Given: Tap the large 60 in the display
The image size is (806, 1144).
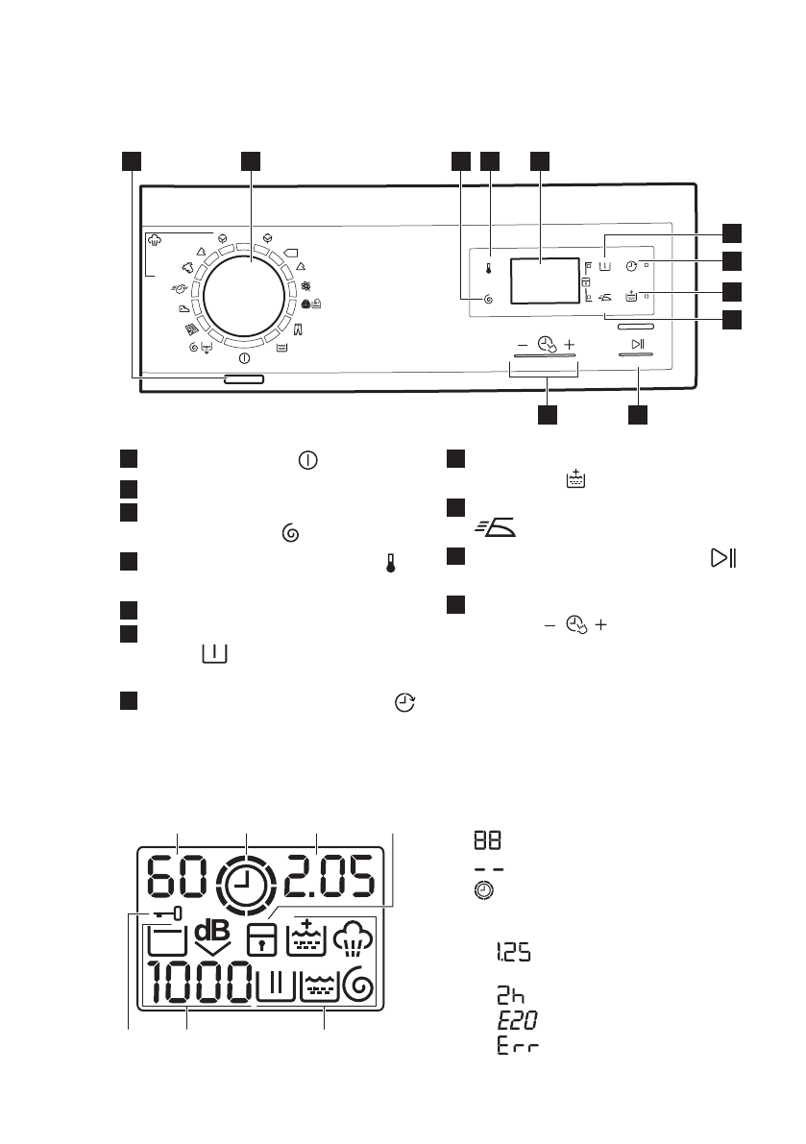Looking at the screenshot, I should point(178,876).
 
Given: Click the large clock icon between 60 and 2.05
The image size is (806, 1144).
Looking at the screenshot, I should point(246,877).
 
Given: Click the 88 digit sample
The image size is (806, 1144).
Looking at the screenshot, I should point(486,840).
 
